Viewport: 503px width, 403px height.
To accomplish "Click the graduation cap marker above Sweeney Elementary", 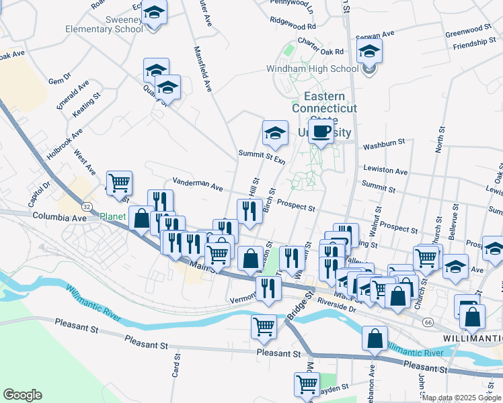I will (155, 13).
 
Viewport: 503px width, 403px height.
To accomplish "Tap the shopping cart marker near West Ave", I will (119, 182).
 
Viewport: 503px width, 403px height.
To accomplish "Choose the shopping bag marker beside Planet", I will (141, 218).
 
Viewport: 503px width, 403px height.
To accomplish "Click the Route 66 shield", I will (428, 322).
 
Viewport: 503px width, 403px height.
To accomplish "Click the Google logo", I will (22, 395).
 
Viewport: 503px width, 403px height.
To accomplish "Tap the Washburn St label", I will (383, 144).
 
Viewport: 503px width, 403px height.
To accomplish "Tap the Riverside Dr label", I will (336, 306).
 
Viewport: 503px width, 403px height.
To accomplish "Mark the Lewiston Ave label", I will (385, 171).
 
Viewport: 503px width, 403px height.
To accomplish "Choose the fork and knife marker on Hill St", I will (250, 210).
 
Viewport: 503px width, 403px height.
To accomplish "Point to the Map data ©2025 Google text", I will (461, 398).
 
